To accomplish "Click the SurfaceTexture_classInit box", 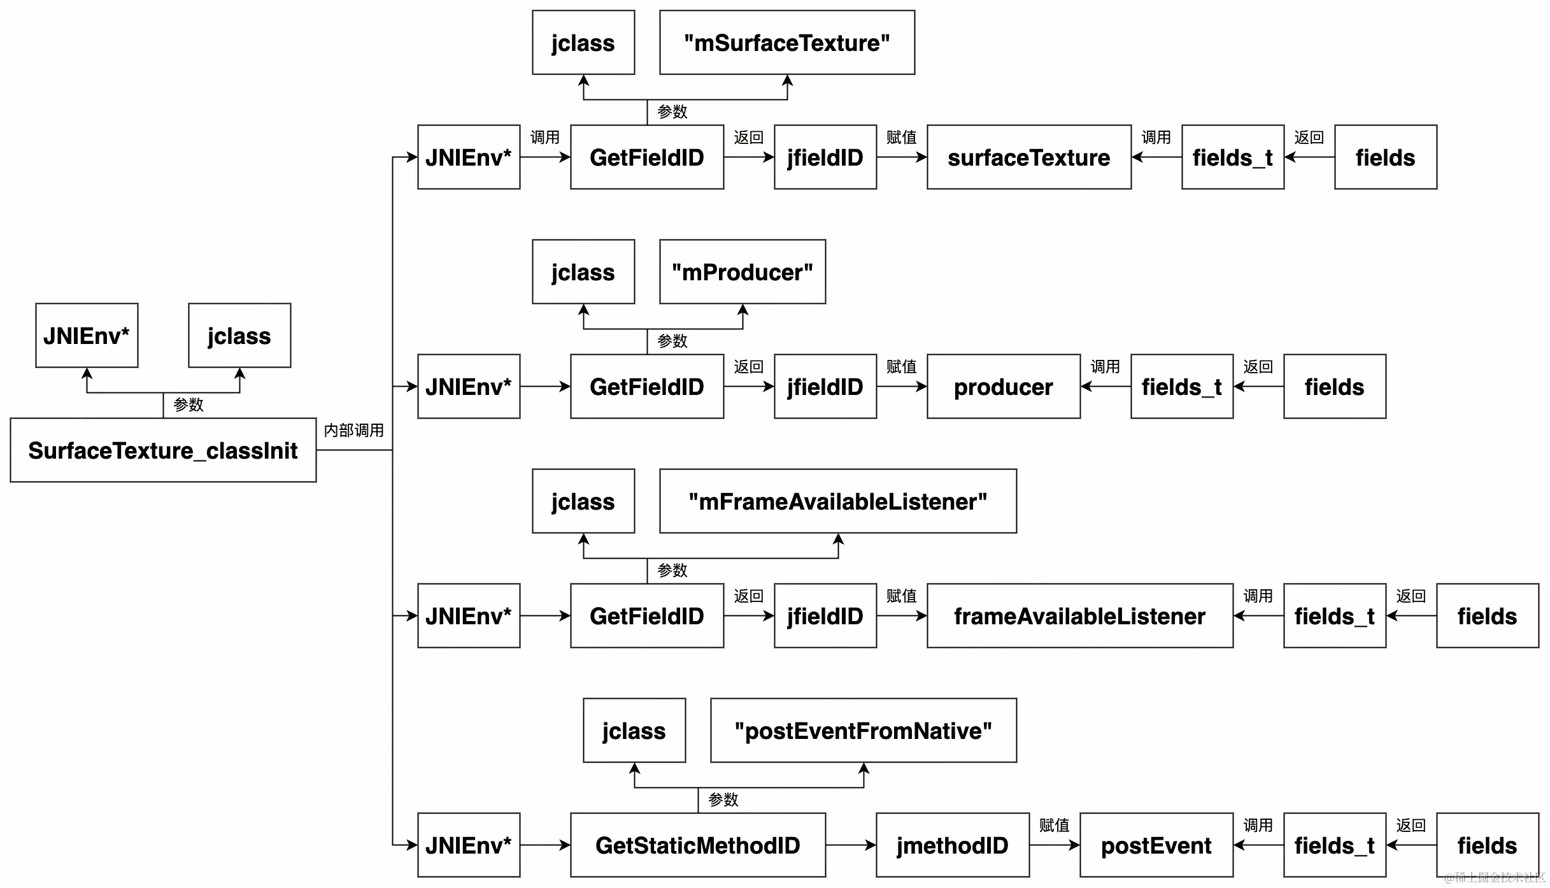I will [x=163, y=450].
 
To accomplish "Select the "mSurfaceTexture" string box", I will [x=787, y=43].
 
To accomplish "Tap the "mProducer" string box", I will [x=743, y=272].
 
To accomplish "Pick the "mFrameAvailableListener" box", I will [x=838, y=501].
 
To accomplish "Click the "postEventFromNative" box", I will [x=864, y=731].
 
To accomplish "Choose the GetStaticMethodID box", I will [x=698, y=845].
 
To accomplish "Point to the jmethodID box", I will [x=953, y=845].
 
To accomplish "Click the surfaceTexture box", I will [x=1029, y=157].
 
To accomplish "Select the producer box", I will [x=1004, y=387].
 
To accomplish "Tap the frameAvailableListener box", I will [x=1080, y=616].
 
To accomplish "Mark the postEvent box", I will [x=1156, y=845].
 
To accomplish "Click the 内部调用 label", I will [x=354, y=431].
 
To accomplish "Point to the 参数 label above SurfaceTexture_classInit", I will [x=188, y=405].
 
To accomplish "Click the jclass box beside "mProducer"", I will [x=583, y=272].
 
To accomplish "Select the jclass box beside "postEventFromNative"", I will [x=634, y=731].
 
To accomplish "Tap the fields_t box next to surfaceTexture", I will [x=1233, y=157].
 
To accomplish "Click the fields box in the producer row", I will [x=1335, y=387].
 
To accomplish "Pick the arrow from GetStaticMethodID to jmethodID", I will [x=851, y=845].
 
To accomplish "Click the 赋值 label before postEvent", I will [x=1055, y=826].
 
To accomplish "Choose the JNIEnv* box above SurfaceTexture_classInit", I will [x=87, y=336].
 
